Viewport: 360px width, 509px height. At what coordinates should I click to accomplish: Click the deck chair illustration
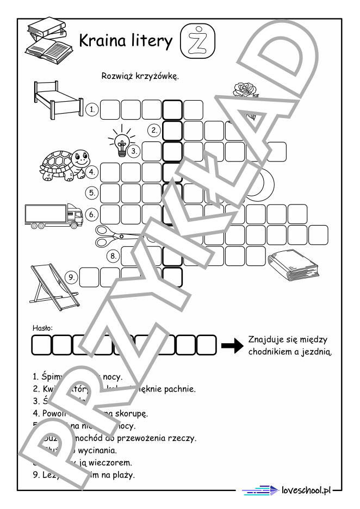[x=49, y=283]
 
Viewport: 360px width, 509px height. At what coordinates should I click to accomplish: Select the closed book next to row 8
[x=294, y=267]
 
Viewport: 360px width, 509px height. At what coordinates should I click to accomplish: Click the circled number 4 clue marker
[x=93, y=172]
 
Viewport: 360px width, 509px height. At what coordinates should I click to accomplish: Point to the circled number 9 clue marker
[x=71, y=277]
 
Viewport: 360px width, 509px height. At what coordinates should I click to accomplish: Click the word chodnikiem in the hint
[x=272, y=352]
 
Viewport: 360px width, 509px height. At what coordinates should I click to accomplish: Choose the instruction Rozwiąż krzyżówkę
[x=140, y=76]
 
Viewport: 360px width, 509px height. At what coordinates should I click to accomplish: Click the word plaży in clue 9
[x=122, y=475]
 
